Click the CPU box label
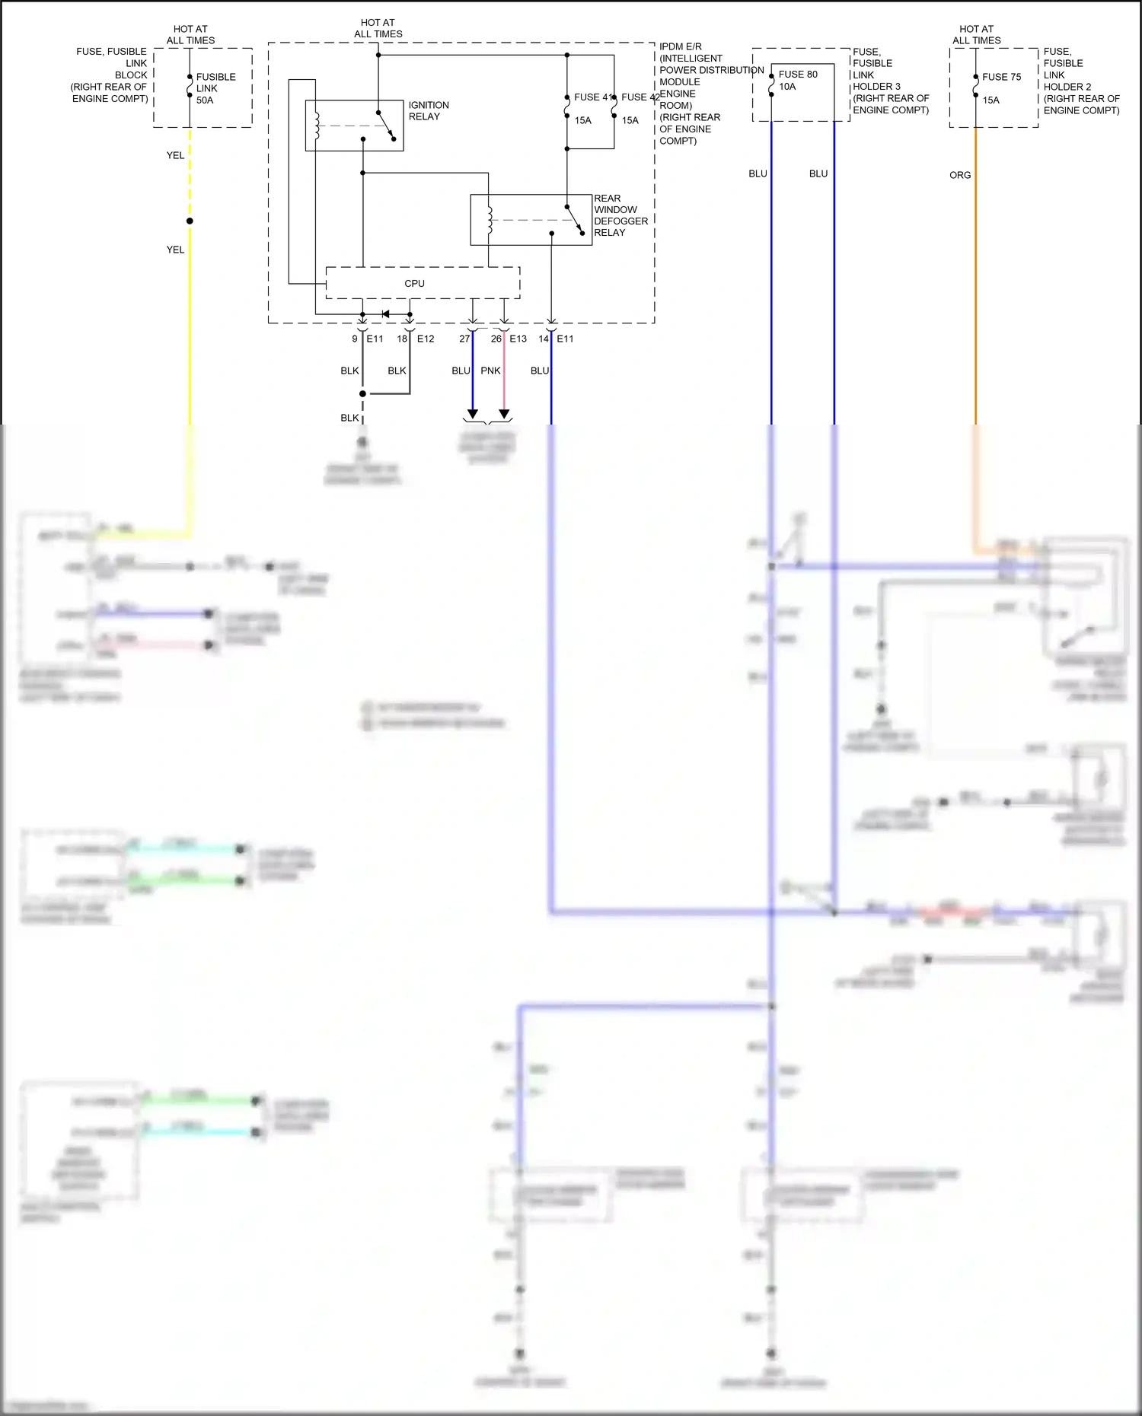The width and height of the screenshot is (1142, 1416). pos(414,283)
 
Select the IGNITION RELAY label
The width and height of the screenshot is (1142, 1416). pos(428,111)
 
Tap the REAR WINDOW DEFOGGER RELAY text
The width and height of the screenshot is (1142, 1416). pos(620,215)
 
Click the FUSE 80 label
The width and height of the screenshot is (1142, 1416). pos(798,74)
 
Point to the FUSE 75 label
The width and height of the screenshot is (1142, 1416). pos(1001,77)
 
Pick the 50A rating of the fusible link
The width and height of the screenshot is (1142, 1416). pos(205,100)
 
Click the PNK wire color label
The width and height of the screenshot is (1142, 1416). pos(490,371)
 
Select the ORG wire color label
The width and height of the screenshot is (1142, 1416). pos(959,175)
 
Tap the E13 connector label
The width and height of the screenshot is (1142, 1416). pos(518,339)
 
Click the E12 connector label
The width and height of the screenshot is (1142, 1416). pos(425,339)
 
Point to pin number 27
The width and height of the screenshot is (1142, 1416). pos(464,339)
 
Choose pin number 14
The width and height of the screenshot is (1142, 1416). pos(543,339)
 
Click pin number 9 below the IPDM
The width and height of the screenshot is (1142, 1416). pos(354,339)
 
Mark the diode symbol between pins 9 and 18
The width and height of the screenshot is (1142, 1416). pos(385,314)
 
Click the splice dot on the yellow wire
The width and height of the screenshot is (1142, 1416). pos(190,221)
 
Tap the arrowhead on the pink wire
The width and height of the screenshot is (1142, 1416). pos(503,414)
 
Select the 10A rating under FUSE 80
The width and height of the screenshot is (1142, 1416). pos(787,87)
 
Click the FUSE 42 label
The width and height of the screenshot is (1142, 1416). pos(640,97)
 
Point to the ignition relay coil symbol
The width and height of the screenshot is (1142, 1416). pos(317,126)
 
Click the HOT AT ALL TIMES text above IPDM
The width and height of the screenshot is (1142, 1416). pos(378,28)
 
